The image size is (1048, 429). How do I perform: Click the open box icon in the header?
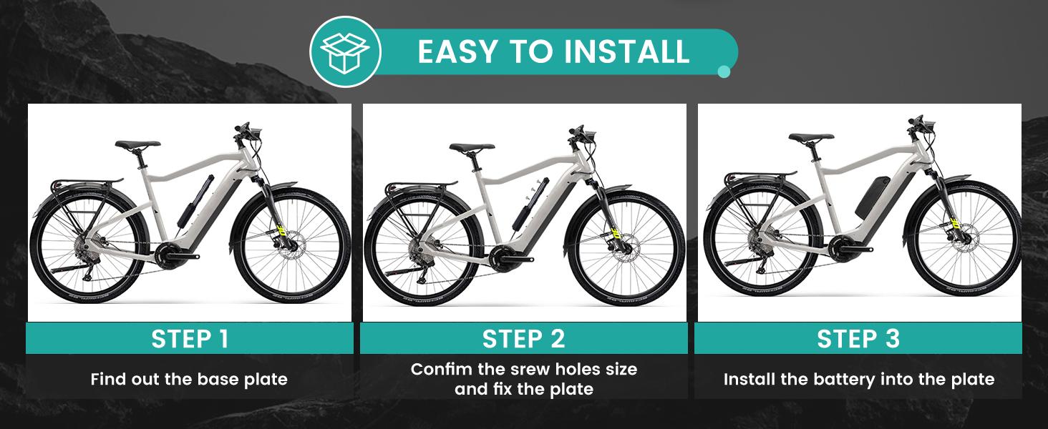(345, 52)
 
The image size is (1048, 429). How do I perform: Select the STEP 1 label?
(190, 339)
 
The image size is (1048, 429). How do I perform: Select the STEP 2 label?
(523, 339)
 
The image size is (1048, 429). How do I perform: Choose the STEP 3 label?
(858, 339)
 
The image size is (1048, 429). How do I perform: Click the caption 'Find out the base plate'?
(189, 379)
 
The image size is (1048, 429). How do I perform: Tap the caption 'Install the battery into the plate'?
(859, 379)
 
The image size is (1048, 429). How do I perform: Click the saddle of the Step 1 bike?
(137, 144)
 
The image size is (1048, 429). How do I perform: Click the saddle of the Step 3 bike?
(811, 137)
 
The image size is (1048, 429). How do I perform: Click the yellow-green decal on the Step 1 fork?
(281, 230)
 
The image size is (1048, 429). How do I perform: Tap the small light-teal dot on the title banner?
(723, 71)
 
